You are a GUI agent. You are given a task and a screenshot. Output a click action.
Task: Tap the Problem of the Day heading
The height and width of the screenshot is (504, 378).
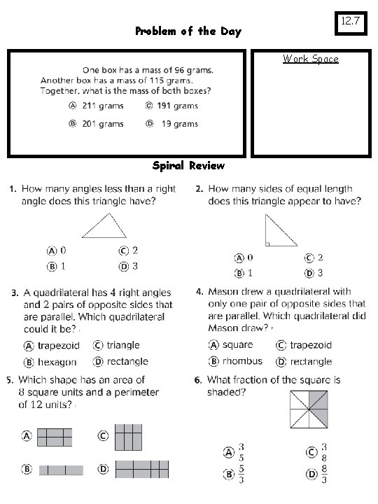click(188, 31)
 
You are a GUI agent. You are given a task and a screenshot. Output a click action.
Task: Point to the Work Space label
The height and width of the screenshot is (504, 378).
click(310, 59)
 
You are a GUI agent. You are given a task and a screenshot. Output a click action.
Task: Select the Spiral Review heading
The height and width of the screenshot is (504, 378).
click(188, 166)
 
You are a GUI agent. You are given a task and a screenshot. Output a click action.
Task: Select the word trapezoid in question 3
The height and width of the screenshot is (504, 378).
click(59, 346)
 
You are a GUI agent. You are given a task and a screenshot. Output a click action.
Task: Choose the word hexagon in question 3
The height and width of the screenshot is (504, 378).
click(57, 362)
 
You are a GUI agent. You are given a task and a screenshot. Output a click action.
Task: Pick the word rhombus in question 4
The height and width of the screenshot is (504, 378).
click(242, 361)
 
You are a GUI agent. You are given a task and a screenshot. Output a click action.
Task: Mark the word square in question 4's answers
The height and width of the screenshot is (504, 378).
click(238, 345)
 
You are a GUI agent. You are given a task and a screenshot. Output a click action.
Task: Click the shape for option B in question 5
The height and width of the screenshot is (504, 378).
click(61, 470)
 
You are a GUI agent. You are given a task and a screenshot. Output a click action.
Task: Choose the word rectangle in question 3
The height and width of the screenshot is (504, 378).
click(127, 362)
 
